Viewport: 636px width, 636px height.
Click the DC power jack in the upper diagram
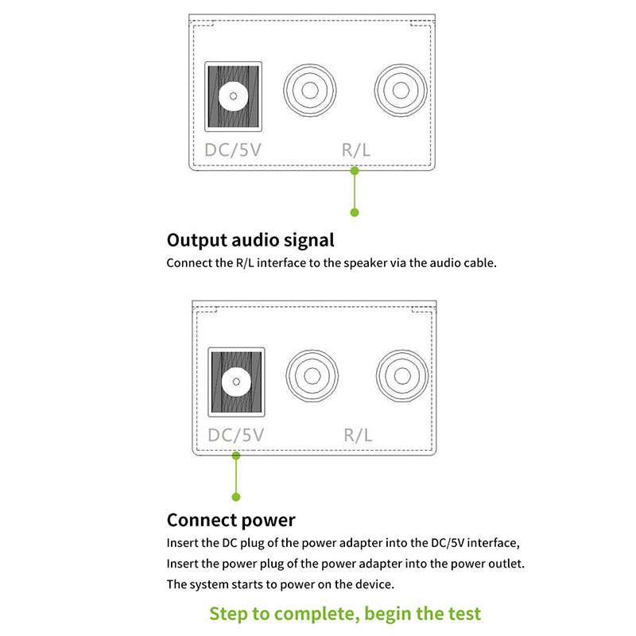point(233,96)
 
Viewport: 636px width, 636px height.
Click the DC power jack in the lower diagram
point(236,382)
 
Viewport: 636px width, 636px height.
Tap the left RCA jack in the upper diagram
point(310,90)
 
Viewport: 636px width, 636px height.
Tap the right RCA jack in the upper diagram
point(401,90)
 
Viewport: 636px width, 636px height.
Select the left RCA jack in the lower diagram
point(312,376)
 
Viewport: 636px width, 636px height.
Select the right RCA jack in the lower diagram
point(402,376)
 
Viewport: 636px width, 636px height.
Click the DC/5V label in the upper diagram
point(233,150)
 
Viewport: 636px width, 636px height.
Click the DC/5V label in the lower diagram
point(235,435)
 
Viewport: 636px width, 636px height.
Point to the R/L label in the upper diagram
point(356,150)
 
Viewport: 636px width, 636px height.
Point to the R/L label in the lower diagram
point(358,435)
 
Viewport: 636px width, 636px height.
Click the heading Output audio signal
point(250,240)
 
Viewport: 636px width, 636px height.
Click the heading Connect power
point(231,520)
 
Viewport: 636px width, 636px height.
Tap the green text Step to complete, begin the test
point(345,614)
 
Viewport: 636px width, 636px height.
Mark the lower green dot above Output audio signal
point(355,212)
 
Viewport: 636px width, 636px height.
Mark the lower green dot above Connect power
point(236,497)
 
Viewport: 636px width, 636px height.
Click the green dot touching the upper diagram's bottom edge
point(355,171)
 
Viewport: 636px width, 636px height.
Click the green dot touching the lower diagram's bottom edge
point(236,456)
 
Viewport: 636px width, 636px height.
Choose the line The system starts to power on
point(281,584)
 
